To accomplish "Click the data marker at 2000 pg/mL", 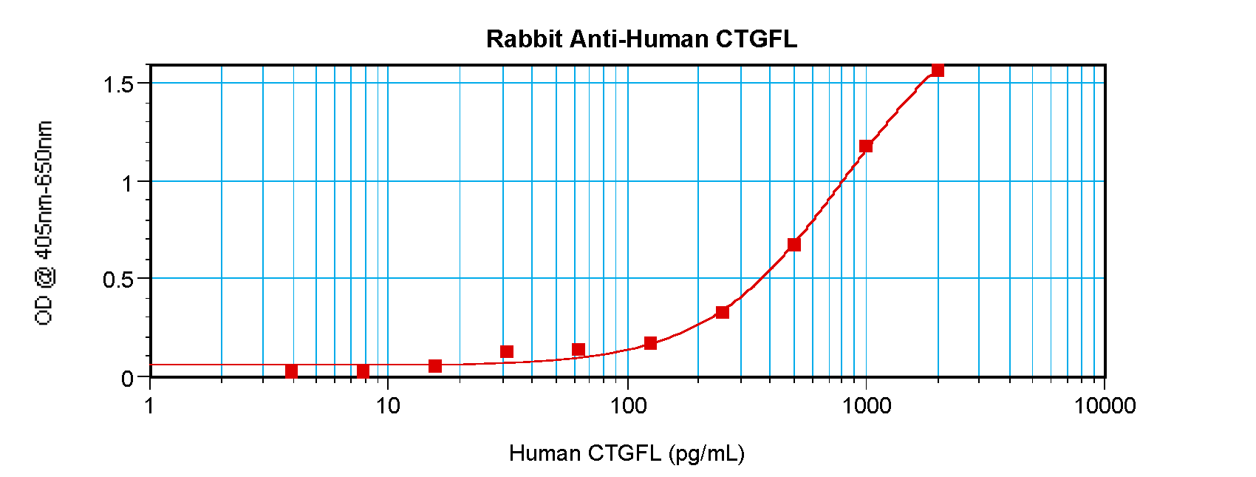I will point(938,70).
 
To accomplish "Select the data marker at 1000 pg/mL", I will point(866,146).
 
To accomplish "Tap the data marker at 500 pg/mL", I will point(794,245).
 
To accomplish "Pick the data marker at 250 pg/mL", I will point(723,313).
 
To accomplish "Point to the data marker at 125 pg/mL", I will point(650,343).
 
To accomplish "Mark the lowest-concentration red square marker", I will point(291,371).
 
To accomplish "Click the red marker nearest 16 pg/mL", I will point(435,366).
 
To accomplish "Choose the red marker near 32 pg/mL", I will point(507,352).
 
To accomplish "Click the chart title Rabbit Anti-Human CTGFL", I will point(641,39).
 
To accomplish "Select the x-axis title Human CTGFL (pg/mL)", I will point(627,453).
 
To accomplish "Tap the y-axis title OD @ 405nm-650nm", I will point(44,223).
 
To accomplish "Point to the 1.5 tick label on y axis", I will point(118,84).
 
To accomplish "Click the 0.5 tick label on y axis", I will point(118,280).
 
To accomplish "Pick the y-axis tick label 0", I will point(128,379).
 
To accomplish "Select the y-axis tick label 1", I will point(128,182).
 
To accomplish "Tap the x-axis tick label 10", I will point(388,405).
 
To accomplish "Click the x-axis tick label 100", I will point(627,405).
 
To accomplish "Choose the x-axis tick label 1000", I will point(866,405).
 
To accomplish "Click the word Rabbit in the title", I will point(524,39).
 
